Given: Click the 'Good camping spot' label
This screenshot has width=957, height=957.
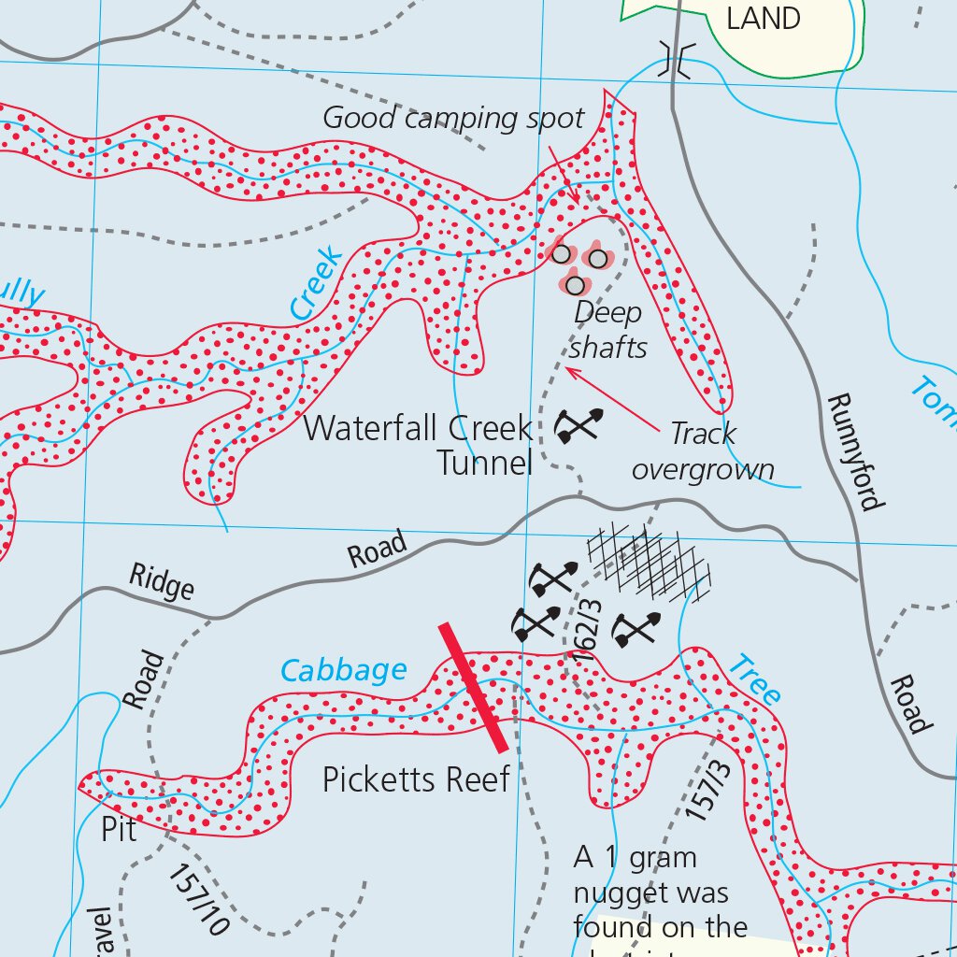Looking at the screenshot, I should point(453,119).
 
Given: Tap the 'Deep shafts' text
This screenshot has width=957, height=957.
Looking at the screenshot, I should point(608,330).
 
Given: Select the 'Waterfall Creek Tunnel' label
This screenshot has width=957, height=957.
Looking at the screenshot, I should point(418,445).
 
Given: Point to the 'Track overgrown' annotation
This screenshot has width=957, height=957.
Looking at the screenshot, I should point(703,451).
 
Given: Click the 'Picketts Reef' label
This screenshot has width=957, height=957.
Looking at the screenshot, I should point(416,778).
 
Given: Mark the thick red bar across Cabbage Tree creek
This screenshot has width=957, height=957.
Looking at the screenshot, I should point(475,688).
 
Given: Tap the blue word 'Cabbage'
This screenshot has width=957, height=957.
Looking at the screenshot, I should point(344,670).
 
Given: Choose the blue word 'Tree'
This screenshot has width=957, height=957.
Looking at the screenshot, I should point(753,681).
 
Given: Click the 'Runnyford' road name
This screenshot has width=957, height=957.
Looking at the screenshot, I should point(854,452).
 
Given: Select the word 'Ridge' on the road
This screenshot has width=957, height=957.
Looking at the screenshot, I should point(162,582).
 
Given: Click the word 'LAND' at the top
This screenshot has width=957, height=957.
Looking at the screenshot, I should point(764,19).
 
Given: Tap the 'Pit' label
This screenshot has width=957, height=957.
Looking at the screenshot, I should point(119,829).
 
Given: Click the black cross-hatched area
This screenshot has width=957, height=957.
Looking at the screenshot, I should point(647,563).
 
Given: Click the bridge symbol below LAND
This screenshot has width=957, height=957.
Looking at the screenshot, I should point(676,59).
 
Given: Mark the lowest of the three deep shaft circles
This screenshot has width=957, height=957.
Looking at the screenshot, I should point(576,284).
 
